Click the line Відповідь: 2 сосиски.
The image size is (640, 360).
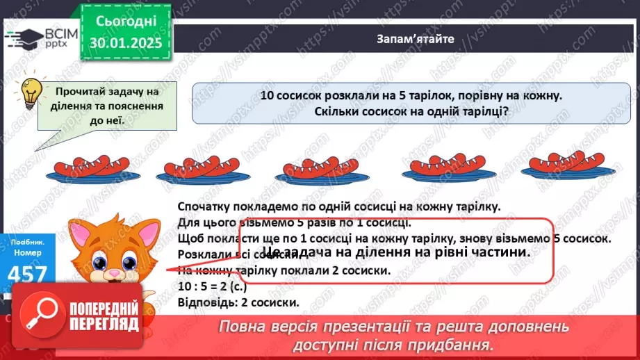pos(238,302)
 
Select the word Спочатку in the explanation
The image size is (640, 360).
pos(202,206)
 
